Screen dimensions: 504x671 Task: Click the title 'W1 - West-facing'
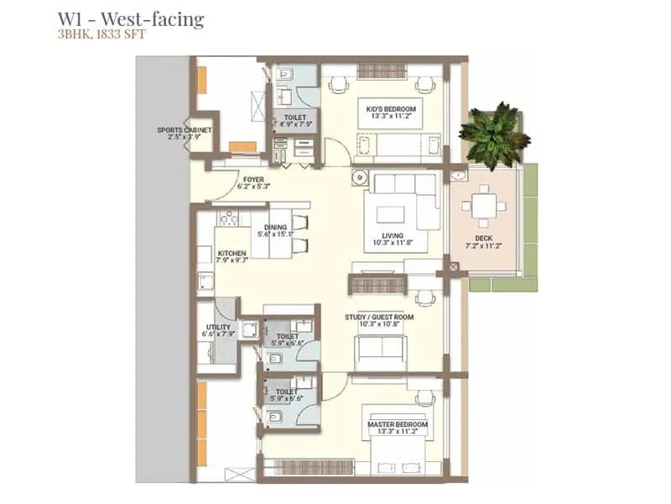coord(130,18)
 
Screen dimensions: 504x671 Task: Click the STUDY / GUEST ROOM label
coord(379,321)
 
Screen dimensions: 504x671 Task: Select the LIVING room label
coord(392,240)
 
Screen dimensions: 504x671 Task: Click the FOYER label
coord(253,183)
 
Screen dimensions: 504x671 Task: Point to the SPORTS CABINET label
coord(185,134)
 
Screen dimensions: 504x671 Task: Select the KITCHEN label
coord(231,257)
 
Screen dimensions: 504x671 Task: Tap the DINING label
coord(276,231)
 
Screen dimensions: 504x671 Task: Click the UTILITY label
coord(218,330)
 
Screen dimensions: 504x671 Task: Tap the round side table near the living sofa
coord(360,178)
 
